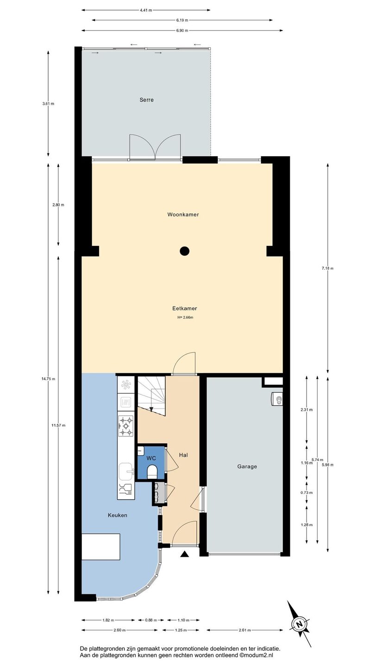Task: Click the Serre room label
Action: click(146, 100)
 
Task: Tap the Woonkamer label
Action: click(183, 214)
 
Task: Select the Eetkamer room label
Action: click(185, 308)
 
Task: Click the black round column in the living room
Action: click(185, 251)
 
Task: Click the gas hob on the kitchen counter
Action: click(126, 426)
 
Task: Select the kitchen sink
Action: click(127, 472)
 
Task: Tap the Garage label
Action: click(247, 466)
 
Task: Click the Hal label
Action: click(183, 455)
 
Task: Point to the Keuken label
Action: click(117, 515)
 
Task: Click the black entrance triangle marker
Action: click(185, 554)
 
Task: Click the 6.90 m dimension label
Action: click(182, 31)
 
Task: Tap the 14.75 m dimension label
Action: click(49, 379)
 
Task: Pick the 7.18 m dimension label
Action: click(327, 268)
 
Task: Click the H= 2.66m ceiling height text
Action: click(185, 317)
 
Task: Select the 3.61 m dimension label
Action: click(48, 104)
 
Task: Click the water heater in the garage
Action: click(277, 399)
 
